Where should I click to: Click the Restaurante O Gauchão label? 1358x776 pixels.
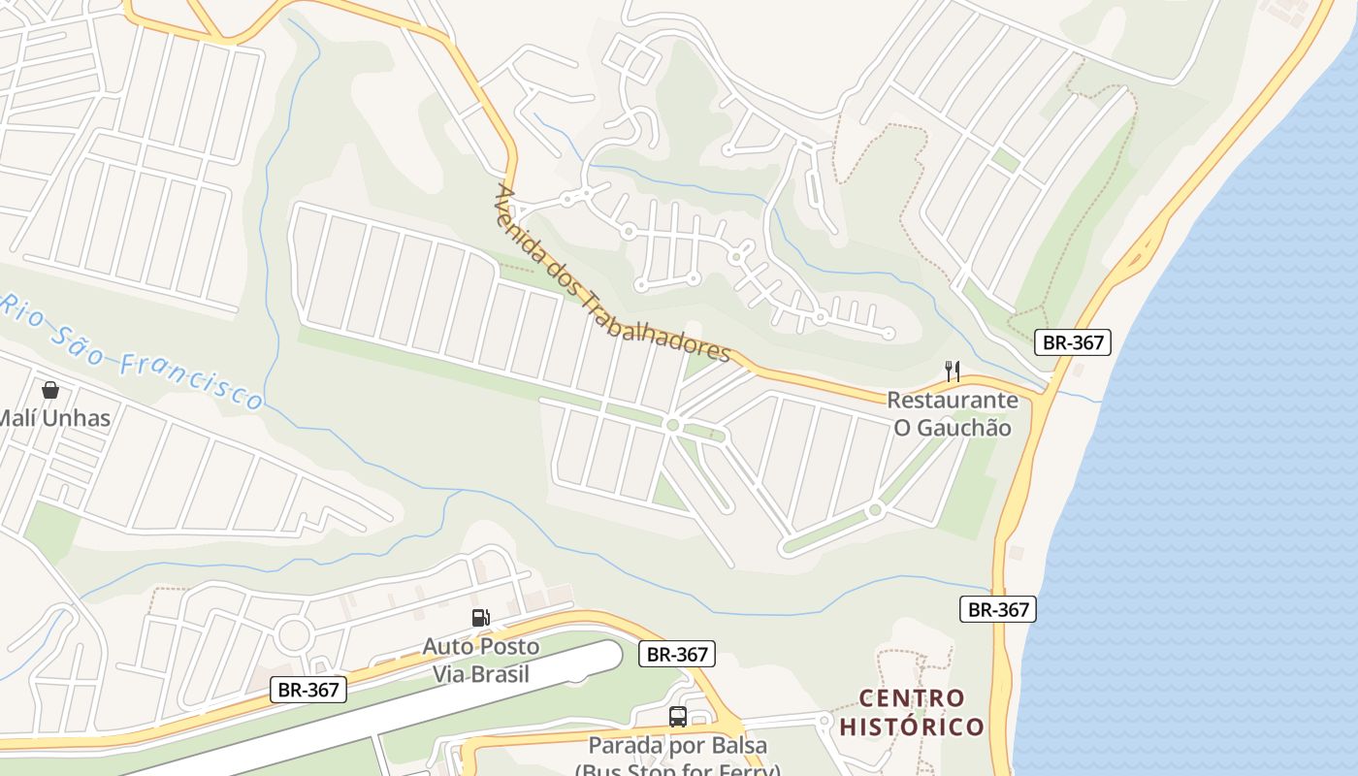[x=953, y=414]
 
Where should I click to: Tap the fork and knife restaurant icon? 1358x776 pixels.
[x=953, y=371]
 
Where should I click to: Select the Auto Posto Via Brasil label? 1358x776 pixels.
[x=481, y=660]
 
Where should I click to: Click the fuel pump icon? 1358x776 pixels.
[x=480, y=618]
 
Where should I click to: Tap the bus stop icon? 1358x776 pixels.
[x=678, y=717]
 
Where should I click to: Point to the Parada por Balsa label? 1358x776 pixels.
[x=678, y=746]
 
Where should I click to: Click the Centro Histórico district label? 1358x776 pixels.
[x=912, y=712]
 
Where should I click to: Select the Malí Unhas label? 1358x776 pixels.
[x=54, y=419]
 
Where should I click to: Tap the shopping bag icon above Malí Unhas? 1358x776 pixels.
[x=49, y=390]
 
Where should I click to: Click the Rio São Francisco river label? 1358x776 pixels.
[x=131, y=351]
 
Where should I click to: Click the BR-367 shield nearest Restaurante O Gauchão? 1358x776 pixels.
[x=1072, y=341]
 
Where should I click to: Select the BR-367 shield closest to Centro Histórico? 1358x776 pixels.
[x=998, y=609]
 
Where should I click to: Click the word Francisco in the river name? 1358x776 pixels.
[x=192, y=379]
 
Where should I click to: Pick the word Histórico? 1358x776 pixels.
[x=912, y=727]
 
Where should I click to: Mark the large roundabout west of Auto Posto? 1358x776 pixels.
[x=293, y=635]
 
